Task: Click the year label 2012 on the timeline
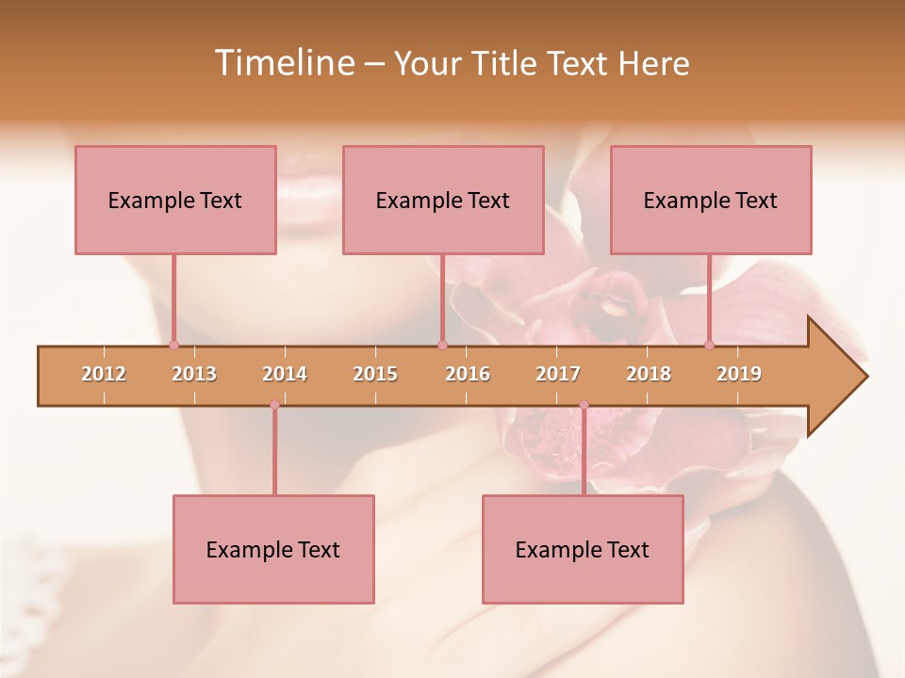pos(104,374)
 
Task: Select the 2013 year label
pos(194,374)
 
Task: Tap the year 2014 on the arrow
pos(285,374)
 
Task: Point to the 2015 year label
pos(375,374)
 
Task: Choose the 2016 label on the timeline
pos(468,374)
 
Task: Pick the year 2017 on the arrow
pos(558,374)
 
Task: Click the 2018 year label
pos(649,374)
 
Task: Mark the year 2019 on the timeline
pos(739,374)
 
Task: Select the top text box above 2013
pos(175,200)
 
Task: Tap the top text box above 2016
pos(443,200)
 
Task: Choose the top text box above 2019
pos(711,200)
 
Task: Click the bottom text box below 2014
pos(273,549)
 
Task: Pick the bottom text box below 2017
pos(583,549)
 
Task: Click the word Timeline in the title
pos(283,63)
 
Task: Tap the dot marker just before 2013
pos(173,345)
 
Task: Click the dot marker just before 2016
pos(442,345)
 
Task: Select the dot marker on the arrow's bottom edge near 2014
pos(274,405)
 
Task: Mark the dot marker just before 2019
pos(709,345)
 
